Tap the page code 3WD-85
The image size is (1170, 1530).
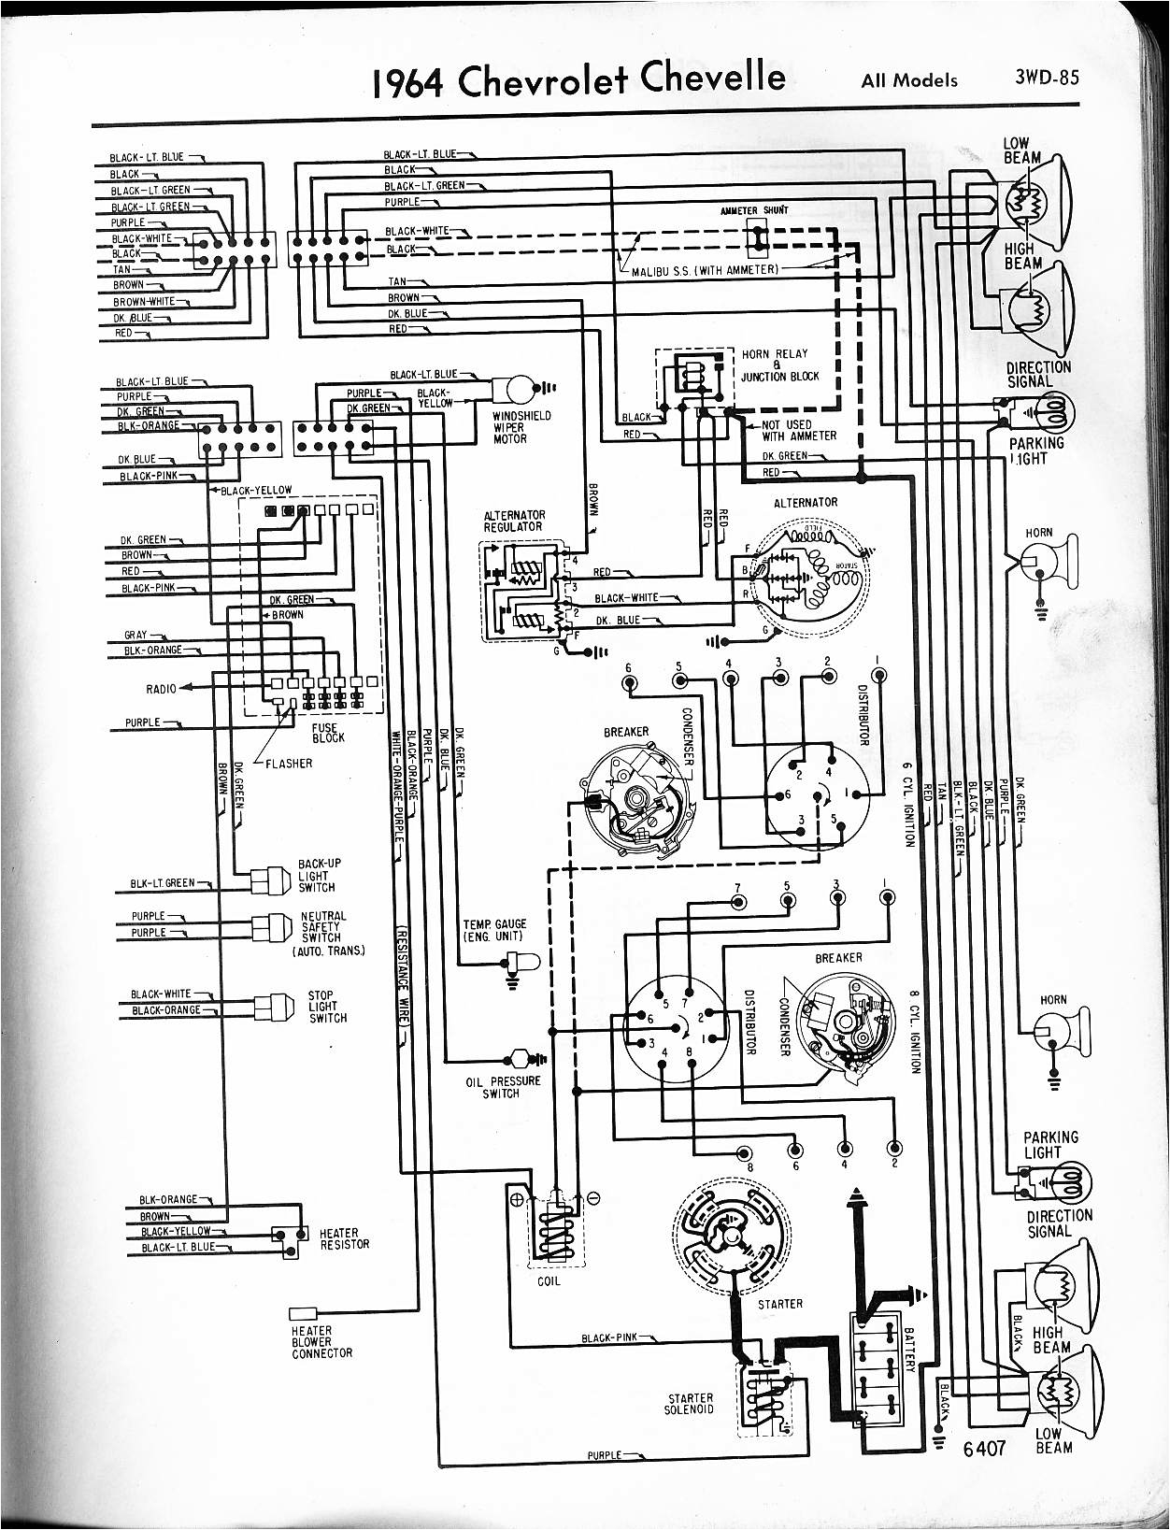[x=1046, y=76]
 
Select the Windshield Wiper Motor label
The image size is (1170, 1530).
[x=521, y=427]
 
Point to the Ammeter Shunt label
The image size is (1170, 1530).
[x=754, y=210]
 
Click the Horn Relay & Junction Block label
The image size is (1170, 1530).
[x=779, y=365]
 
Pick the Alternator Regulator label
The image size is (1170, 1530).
[x=513, y=521]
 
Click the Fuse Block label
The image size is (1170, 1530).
[x=328, y=732]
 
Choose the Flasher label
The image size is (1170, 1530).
[x=289, y=763]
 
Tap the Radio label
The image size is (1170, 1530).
[x=161, y=689]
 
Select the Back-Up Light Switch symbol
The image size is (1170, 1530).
[x=271, y=879]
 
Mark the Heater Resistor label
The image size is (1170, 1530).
[x=344, y=1238]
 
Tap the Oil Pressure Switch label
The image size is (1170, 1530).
[x=503, y=1087]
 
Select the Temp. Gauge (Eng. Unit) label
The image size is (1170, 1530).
[x=494, y=929]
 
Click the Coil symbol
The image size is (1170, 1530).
[x=555, y=1224]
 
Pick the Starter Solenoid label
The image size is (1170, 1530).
[x=690, y=1404]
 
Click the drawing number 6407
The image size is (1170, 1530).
[x=984, y=1447]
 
